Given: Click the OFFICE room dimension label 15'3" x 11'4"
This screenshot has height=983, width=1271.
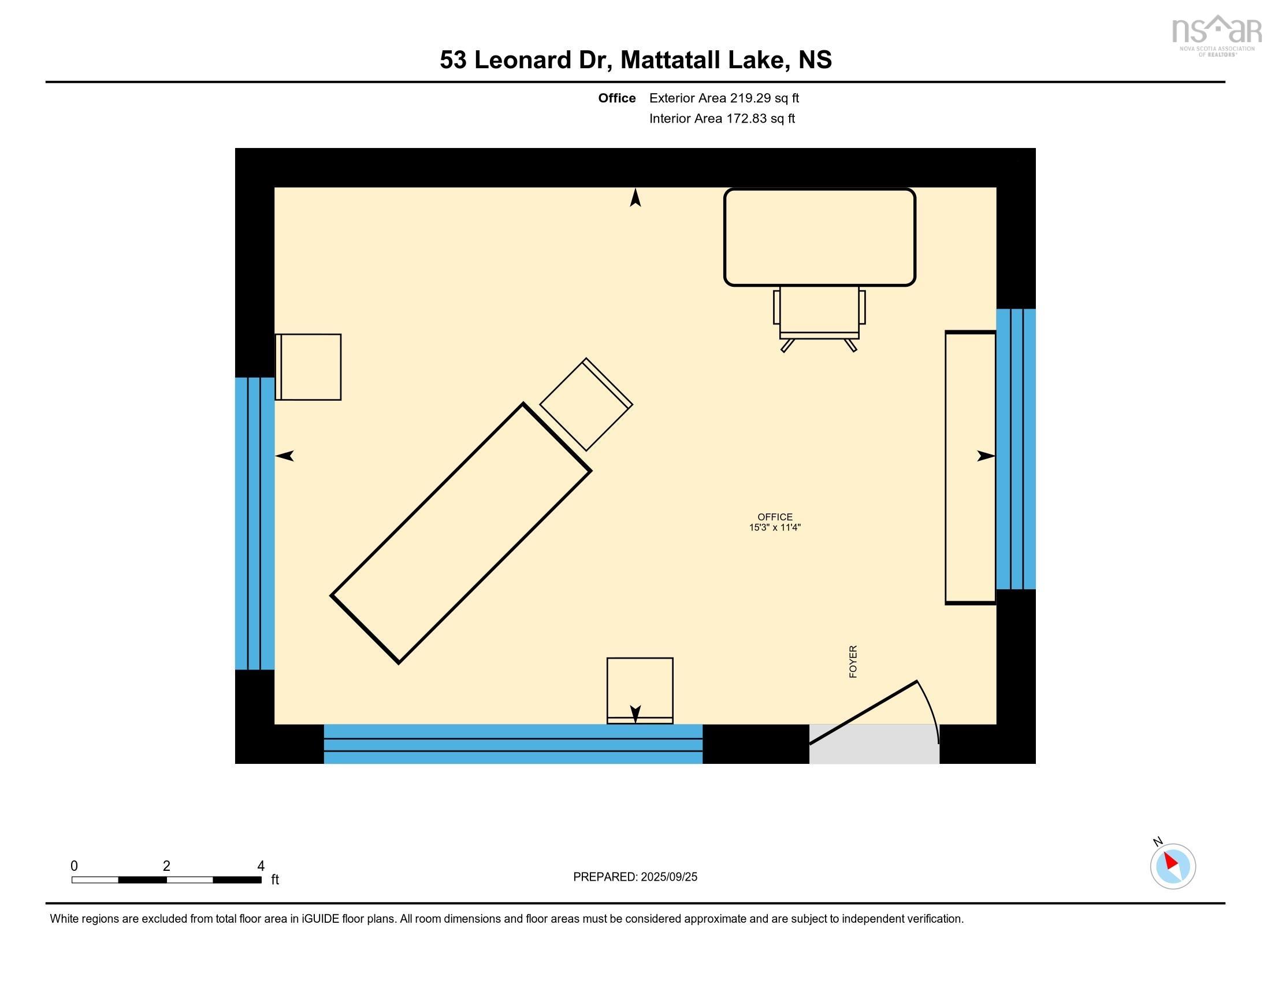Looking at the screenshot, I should (x=775, y=527).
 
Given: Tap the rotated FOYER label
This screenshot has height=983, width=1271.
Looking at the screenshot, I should (x=853, y=662).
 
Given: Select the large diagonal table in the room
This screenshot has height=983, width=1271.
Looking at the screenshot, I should (x=461, y=534).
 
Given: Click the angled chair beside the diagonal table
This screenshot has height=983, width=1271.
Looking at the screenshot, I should (x=585, y=405).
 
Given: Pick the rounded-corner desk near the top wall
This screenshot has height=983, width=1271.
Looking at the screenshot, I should (x=819, y=237).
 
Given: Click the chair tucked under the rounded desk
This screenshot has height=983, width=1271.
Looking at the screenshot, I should (x=819, y=315).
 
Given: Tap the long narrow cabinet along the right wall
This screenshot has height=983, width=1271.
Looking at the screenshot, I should (x=970, y=468).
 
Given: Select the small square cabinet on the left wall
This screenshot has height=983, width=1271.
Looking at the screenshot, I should (x=309, y=367).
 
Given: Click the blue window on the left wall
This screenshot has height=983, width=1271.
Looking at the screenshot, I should (x=254, y=523).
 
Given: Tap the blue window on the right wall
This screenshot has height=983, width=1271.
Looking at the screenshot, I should (x=1016, y=449).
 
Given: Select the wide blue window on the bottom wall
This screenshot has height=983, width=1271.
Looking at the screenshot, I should (x=512, y=744).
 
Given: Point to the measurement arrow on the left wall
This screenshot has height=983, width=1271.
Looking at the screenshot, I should (x=285, y=456).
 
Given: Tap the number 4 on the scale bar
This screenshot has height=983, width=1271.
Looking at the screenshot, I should (x=261, y=866).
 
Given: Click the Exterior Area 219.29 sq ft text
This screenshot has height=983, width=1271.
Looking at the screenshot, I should (x=724, y=98).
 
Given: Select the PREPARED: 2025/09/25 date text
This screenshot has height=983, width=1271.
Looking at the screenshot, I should (x=635, y=877).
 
